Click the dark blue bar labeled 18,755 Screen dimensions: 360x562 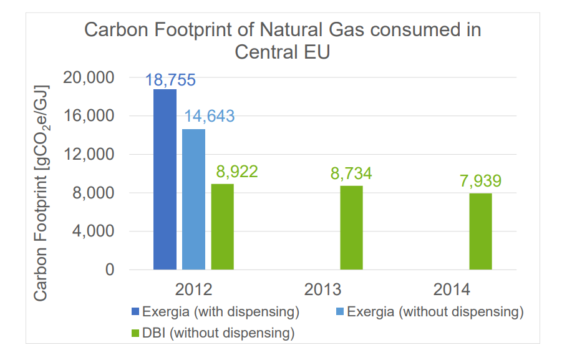click(x=165, y=180)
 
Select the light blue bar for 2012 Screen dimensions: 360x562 click(x=193, y=200)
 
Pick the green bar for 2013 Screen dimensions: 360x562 click(x=351, y=228)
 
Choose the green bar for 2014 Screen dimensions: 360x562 click(x=480, y=231)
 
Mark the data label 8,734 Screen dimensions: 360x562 click(x=351, y=173)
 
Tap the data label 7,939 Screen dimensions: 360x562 click(x=480, y=181)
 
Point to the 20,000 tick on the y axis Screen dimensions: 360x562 click(x=90, y=78)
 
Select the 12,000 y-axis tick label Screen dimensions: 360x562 click(x=90, y=155)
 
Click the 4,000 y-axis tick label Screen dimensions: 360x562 click(x=94, y=231)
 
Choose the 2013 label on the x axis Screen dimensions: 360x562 click(x=323, y=290)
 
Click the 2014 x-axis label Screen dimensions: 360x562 click(x=452, y=290)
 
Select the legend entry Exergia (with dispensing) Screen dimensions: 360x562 click(x=215, y=311)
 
